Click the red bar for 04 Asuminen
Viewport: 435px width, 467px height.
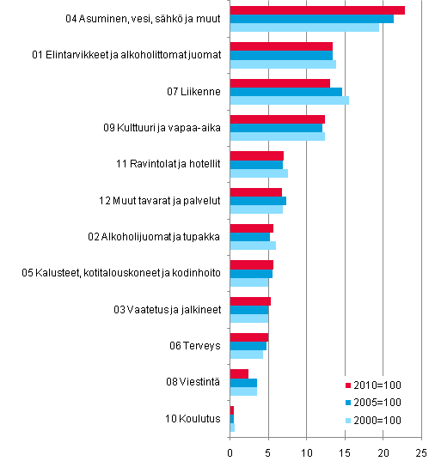317,10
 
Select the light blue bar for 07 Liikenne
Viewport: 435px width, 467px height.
289,100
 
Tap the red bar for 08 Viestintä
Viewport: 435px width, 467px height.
239,373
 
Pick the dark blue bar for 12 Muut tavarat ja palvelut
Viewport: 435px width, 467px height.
258,201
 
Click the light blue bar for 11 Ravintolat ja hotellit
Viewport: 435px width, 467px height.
259,173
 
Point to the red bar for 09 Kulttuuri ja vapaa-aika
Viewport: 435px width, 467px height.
277,118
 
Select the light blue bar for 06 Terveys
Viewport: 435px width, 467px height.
246,355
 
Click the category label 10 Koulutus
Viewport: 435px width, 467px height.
194,419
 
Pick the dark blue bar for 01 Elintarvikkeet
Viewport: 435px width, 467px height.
281,55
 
